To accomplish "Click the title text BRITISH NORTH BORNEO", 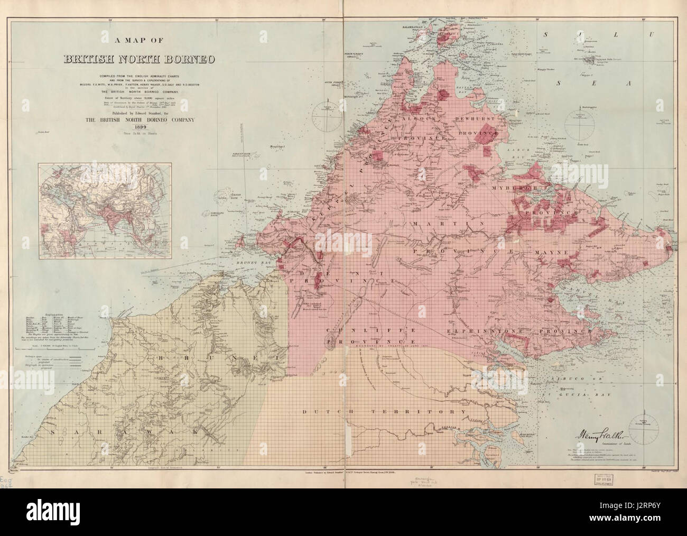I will tap(140, 58).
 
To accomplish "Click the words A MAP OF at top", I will tap(140, 39).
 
